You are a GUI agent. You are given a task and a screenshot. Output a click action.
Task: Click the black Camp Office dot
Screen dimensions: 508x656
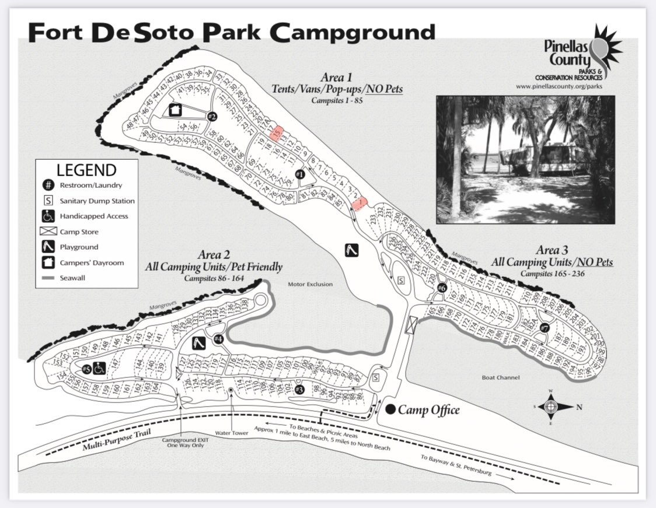(390, 409)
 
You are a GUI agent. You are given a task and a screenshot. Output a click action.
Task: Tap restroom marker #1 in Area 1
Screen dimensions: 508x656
(300, 174)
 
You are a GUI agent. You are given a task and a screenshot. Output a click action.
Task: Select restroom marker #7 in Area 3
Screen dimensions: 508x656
(545, 327)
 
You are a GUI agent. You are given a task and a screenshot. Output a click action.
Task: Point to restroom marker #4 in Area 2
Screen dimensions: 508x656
(219, 339)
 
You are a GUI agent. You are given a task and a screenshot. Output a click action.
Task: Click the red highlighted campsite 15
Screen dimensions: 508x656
(278, 133)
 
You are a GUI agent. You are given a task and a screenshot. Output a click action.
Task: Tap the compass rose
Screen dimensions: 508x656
(550, 407)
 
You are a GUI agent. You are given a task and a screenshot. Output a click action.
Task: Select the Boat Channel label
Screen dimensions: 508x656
(501, 377)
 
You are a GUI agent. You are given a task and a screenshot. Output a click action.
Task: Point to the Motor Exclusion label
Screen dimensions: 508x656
(310, 285)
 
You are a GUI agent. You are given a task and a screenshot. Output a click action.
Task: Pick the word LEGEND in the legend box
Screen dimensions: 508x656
(86, 170)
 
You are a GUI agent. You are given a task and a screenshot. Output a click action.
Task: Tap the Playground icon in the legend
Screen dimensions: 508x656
(49, 247)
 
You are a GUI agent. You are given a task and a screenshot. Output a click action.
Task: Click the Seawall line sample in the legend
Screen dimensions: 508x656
(49, 278)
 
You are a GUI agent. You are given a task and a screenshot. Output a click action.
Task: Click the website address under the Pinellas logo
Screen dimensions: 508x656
(559, 86)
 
